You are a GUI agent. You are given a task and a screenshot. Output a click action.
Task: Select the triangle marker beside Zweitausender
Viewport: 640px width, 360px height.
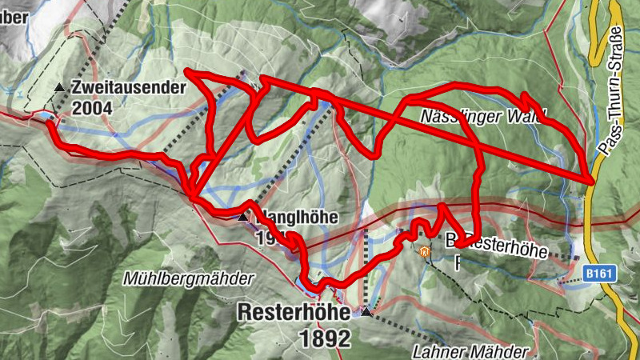(58, 86)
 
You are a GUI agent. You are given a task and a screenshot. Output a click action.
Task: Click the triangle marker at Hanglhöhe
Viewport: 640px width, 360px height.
(242, 217)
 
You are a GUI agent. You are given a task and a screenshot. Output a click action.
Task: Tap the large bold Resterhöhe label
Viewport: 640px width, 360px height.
(294, 313)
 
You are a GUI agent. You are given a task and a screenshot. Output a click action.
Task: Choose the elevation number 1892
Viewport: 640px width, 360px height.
(326, 338)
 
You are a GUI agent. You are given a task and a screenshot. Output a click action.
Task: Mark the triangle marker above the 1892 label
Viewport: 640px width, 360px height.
(366, 311)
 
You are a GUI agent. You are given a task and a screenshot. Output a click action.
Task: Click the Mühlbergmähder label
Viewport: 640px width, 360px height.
(189, 279)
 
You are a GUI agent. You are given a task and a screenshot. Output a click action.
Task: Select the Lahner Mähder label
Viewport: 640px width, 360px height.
(470, 350)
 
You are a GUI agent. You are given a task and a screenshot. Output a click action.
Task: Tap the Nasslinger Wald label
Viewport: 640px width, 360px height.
(483, 117)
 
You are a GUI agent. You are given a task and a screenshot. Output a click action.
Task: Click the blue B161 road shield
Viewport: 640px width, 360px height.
(599, 274)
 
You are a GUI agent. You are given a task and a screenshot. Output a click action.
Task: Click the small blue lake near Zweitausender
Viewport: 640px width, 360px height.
(50, 117)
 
